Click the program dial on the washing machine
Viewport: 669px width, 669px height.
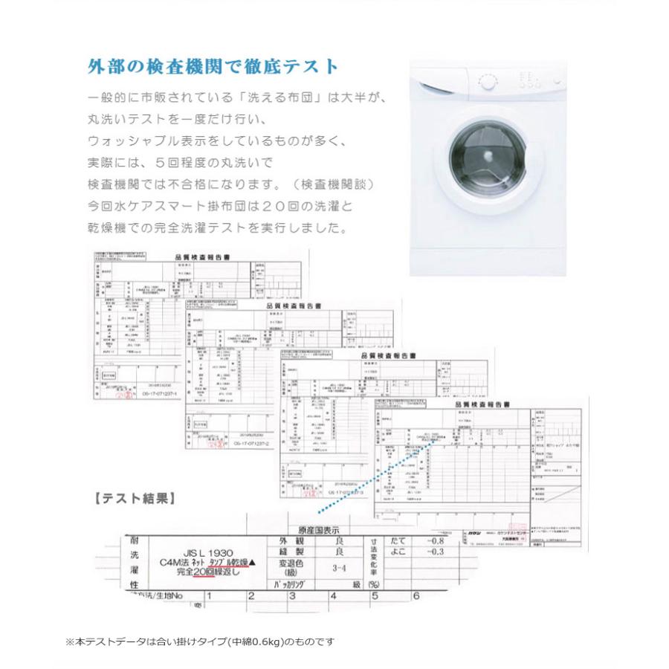488,82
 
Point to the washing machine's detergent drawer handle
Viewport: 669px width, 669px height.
439,83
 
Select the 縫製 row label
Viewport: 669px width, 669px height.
291,552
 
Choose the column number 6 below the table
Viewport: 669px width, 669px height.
416,595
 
